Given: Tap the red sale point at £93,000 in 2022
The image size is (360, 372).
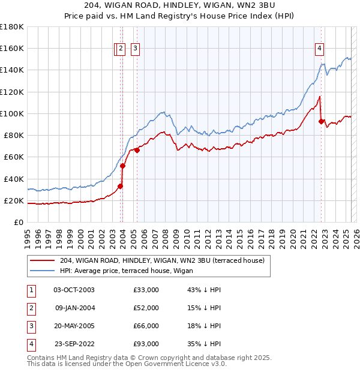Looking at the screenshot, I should tap(321, 121).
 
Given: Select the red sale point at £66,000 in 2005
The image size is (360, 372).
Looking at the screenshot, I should tap(137, 151).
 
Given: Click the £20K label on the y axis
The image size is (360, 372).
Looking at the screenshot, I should tap(14, 200).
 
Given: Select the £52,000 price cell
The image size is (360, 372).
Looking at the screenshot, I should tap(146, 308).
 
